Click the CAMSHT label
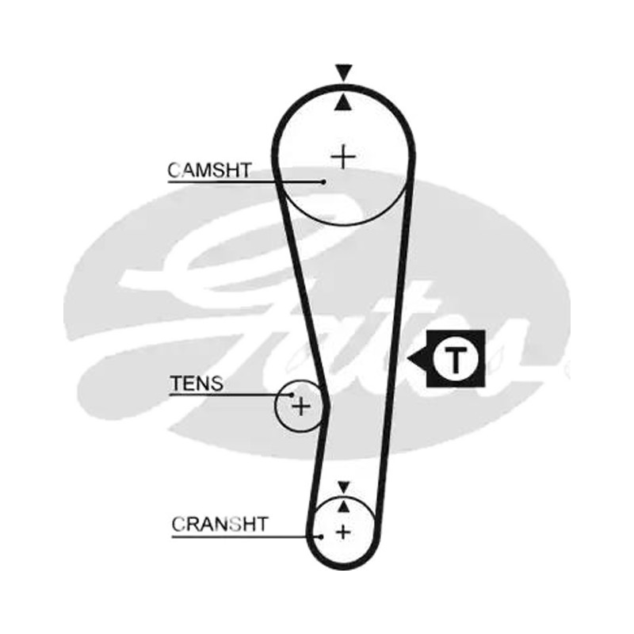click(x=210, y=170)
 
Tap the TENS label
click(x=197, y=384)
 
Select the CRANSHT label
click(x=220, y=524)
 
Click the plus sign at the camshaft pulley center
click(x=343, y=156)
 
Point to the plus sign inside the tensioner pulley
click(x=301, y=406)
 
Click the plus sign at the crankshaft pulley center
click(x=343, y=532)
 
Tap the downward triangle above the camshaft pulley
click(x=344, y=73)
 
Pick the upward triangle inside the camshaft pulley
click(x=343, y=102)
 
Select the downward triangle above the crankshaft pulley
click(x=344, y=487)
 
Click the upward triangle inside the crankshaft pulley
click(x=344, y=506)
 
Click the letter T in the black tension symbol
click(x=456, y=359)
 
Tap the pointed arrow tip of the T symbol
click(x=408, y=359)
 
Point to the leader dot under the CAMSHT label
click(x=323, y=182)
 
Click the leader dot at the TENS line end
click(x=292, y=395)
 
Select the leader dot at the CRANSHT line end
click(x=321, y=537)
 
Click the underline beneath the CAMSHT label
click(x=246, y=182)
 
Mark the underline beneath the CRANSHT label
click(x=246, y=537)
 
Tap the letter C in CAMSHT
click(x=174, y=170)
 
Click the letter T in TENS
click(x=176, y=384)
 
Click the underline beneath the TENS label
click(x=231, y=395)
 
